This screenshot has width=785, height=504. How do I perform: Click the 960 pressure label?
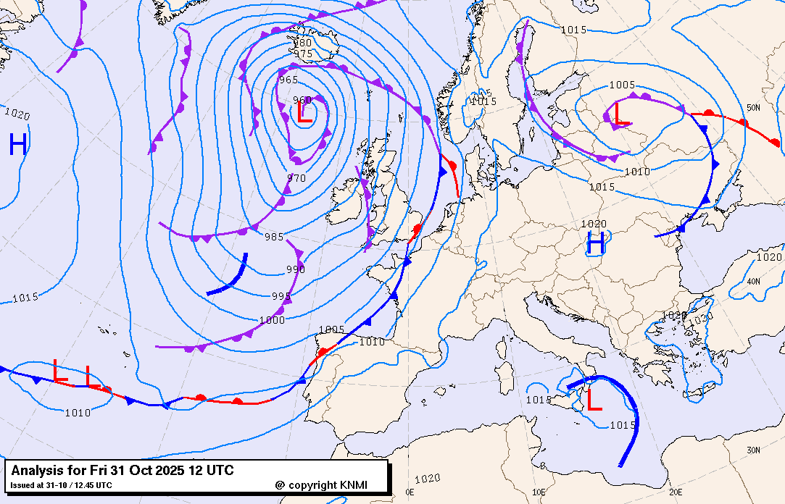[302, 100]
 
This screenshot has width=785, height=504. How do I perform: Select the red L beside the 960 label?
[304, 112]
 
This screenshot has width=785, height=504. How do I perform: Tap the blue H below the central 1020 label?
[595, 243]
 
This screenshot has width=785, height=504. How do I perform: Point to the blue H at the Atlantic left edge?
[18, 145]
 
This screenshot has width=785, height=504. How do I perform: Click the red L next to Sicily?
[594, 400]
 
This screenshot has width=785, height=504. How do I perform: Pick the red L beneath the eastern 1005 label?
[621, 113]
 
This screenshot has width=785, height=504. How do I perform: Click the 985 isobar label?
[274, 237]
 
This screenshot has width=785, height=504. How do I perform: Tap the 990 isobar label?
[295, 269]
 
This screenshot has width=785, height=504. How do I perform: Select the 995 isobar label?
[281, 296]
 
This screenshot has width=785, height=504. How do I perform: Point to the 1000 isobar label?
[273, 320]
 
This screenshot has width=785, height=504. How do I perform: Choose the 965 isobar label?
[288, 80]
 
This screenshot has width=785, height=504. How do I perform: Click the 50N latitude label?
[754, 108]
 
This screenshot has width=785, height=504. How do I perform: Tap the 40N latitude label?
[754, 282]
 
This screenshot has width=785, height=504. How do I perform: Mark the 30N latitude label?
[754, 450]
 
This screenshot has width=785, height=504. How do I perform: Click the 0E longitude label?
[410, 492]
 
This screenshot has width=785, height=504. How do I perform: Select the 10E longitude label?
[539, 492]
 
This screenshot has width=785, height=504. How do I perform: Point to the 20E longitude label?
[676, 492]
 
